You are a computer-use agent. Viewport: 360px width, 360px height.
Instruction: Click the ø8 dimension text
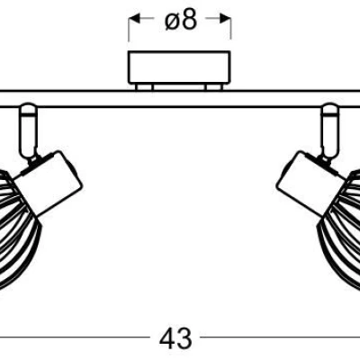(x=180, y=21)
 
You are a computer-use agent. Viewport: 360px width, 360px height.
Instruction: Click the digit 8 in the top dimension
(x=190, y=21)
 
